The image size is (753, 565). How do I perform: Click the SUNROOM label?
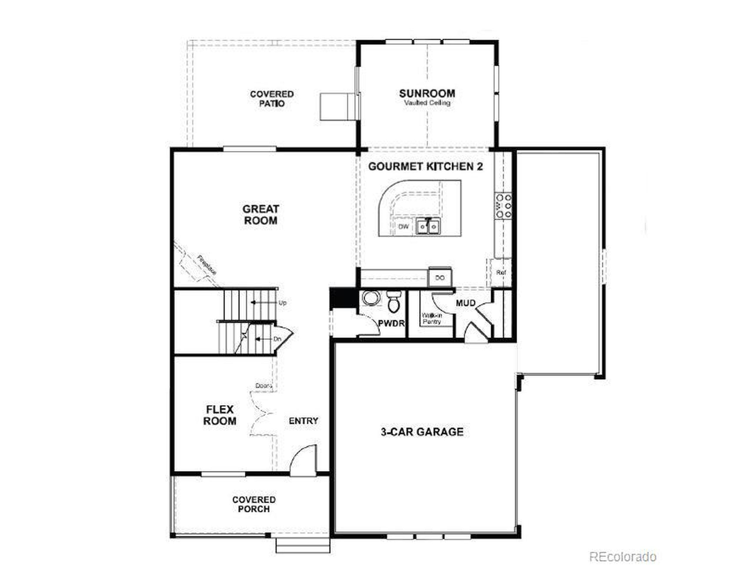click(x=427, y=93)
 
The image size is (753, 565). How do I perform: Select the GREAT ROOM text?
click(x=261, y=215)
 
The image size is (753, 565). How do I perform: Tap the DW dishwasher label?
click(x=403, y=227)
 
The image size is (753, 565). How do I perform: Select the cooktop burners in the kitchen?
click(x=504, y=206)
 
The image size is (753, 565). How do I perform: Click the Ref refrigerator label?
click(x=501, y=272)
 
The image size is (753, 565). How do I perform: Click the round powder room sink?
click(x=369, y=298)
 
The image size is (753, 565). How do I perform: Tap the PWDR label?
click(x=392, y=323)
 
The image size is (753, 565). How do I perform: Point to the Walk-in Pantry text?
click(x=432, y=318)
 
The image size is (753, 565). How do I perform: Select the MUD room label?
click(x=465, y=303)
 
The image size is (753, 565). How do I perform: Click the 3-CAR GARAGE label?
click(x=422, y=432)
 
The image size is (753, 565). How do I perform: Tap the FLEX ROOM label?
click(x=219, y=415)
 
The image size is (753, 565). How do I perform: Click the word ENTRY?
click(x=303, y=421)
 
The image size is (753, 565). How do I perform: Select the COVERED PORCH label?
click(x=254, y=504)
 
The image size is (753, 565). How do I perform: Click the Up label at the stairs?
click(x=283, y=303)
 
